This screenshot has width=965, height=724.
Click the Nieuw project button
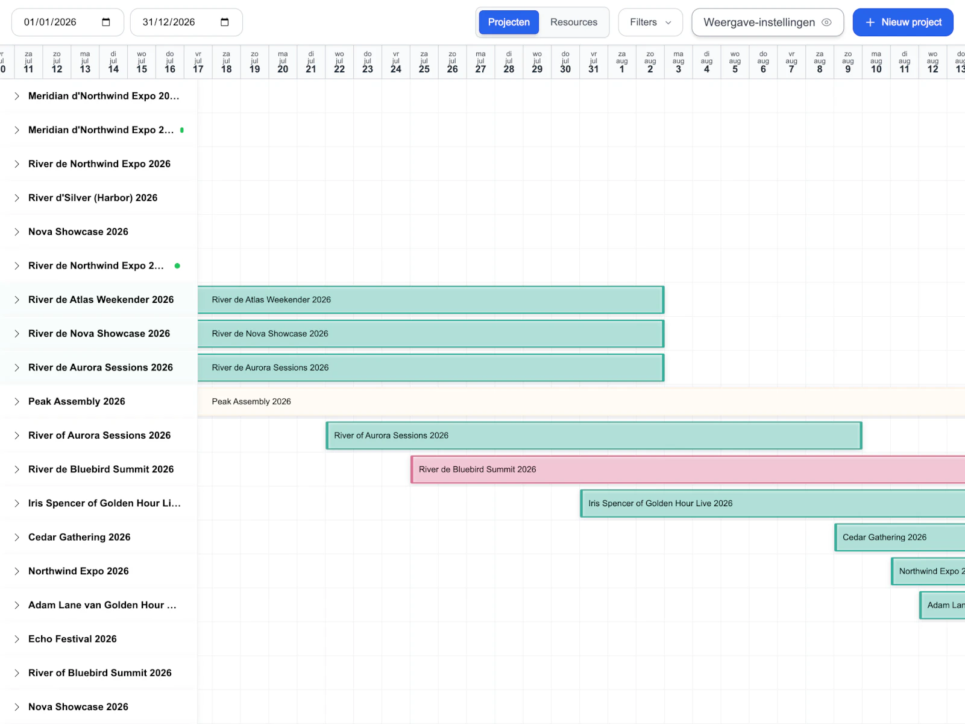point(902,22)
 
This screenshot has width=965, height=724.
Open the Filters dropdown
point(650,22)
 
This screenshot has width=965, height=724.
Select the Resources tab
point(573,22)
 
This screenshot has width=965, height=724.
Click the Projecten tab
point(508,22)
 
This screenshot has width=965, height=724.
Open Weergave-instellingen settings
point(767,22)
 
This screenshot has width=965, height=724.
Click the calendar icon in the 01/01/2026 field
point(106,22)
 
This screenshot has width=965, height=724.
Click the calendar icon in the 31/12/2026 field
point(225,22)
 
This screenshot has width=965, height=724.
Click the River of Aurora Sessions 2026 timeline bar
point(594,436)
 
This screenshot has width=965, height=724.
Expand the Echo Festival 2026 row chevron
point(17,639)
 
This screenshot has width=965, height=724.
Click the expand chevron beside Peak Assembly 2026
point(17,402)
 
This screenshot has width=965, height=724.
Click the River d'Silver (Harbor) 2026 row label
point(93,198)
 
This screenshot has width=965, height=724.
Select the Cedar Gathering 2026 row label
point(80,538)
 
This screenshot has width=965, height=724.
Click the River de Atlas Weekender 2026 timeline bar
point(430,300)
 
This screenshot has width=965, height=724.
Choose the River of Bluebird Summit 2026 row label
point(100,673)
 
